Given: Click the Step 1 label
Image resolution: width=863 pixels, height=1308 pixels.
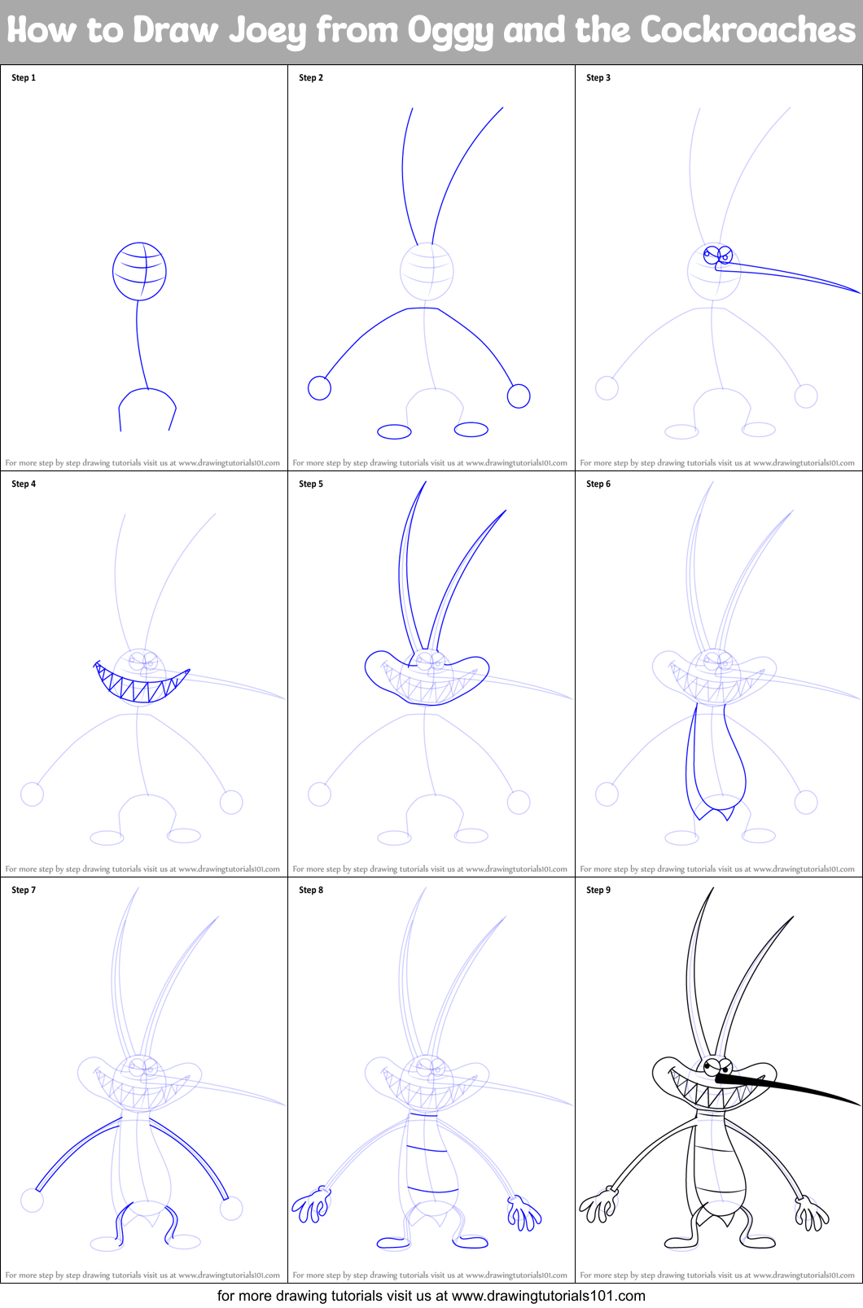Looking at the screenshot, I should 24,78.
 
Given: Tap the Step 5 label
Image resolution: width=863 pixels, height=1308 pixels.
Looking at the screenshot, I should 311,484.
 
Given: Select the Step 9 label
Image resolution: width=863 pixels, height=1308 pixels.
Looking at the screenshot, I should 598,890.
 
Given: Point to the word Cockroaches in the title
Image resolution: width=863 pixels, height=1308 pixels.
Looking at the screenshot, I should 747,31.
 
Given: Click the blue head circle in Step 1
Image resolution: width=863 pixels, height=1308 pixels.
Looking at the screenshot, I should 140,271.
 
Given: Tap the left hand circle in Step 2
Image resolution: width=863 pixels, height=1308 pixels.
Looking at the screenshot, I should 319,388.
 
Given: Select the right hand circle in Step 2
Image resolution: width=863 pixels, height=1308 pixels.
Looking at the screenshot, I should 519,396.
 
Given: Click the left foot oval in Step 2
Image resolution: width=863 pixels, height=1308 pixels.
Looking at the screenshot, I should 394,431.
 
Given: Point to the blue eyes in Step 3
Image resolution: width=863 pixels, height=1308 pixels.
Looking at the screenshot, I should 717,255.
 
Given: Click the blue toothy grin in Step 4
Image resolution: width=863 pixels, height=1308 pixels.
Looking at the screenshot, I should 140,688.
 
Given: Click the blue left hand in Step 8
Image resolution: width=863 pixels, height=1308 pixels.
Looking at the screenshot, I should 312,1205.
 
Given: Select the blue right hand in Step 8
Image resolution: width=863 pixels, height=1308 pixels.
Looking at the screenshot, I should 523,1213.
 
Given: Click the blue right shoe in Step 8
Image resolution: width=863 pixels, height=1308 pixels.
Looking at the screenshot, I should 471,1243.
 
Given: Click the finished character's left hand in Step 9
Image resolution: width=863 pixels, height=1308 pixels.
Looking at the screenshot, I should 598,1205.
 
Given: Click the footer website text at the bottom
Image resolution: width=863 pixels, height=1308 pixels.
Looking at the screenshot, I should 431,1296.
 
